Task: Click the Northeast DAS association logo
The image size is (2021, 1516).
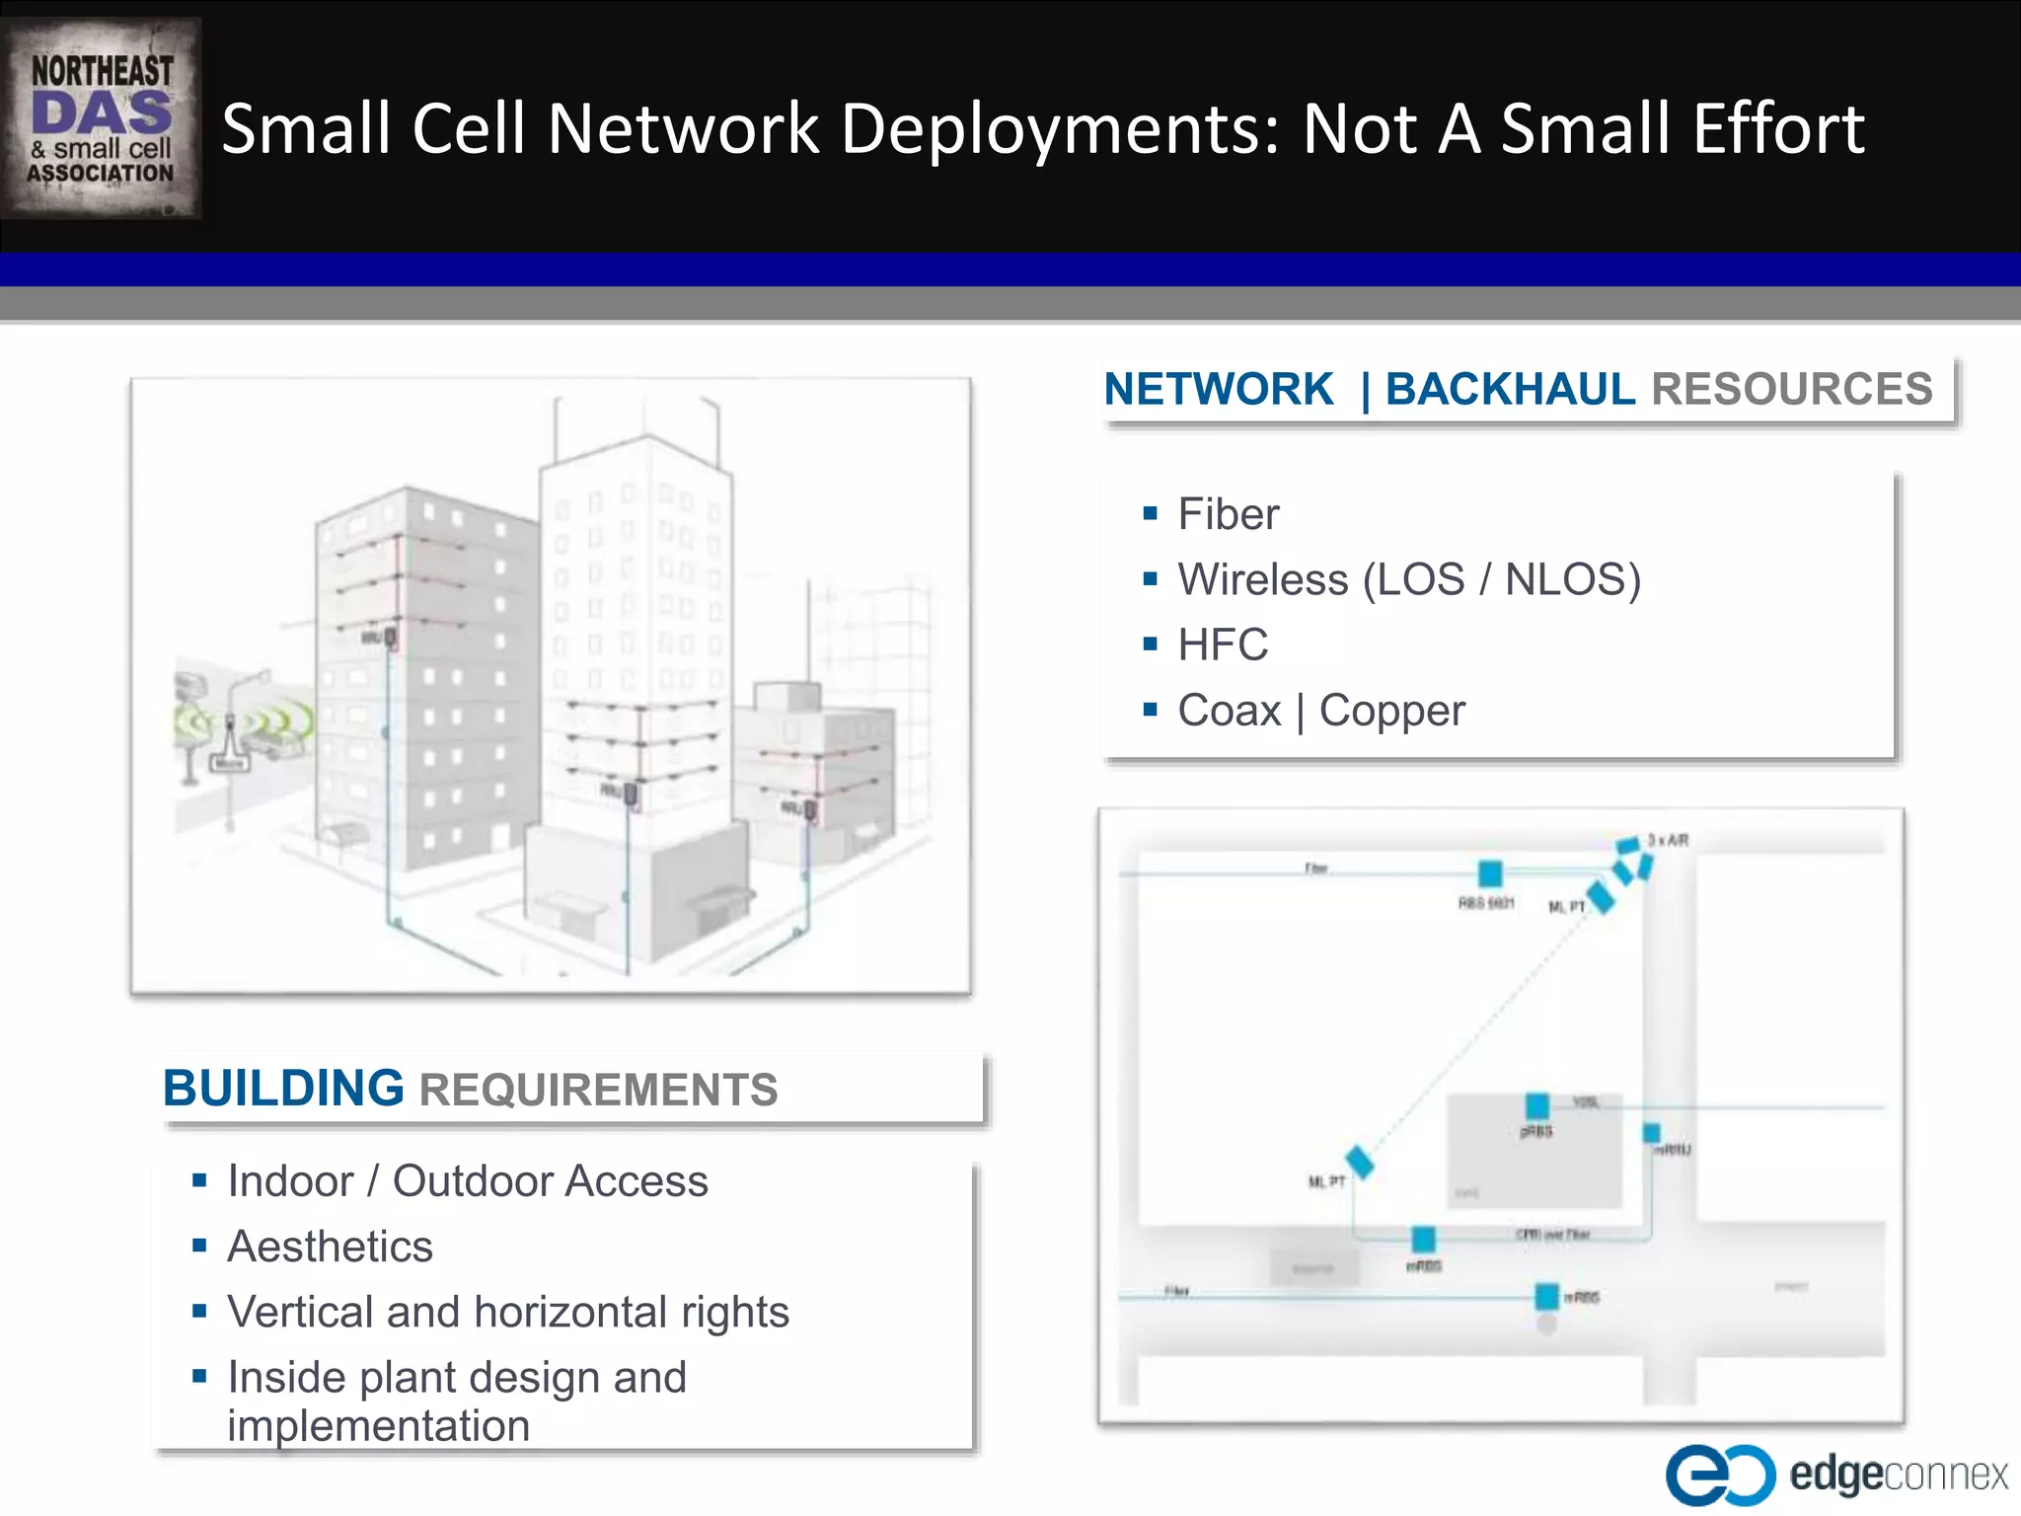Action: pos(102,118)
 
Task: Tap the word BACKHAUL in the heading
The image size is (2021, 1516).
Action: pos(1510,389)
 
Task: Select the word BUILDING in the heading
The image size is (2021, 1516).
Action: pos(283,1089)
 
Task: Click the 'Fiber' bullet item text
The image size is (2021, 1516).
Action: pos(1228,514)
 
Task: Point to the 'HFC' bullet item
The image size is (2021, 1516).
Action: pos(1222,645)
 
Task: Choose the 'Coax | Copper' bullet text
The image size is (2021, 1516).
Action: pos(1320,711)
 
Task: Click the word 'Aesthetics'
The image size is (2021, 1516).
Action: pos(330,1247)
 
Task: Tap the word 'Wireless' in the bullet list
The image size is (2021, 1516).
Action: pos(1262,579)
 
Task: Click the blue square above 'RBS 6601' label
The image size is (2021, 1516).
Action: pos(1490,873)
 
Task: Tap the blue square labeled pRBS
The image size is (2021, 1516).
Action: pos(1537,1106)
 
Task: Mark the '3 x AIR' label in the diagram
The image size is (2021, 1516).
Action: pos(1668,841)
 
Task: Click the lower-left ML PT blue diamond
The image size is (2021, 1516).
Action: pos(1360,1162)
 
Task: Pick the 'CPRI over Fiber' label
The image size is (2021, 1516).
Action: pos(1552,1235)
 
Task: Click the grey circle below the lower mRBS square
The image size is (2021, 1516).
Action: pos(1547,1325)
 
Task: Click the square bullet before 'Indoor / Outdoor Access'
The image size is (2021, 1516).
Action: pos(199,1180)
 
